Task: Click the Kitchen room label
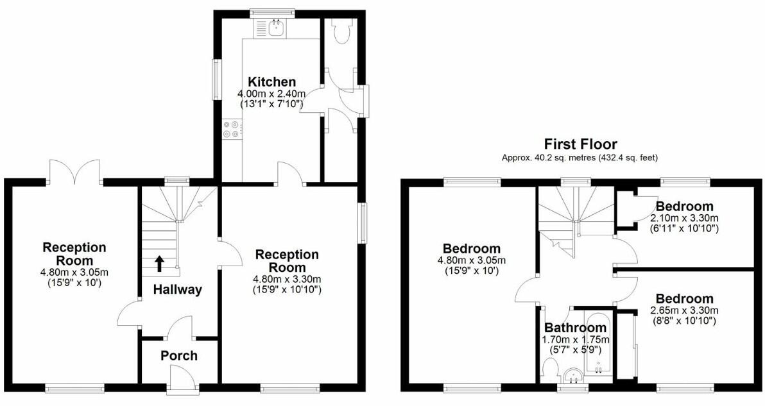pyautogui.click(x=272, y=82)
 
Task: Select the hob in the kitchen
pyautogui.click(x=231, y=130)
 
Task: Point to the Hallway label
pyautogui.click(x=177, y=290)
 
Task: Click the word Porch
pyautogui.click(x=179, y=356)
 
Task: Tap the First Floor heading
pyautogui.click(x=580, y=144)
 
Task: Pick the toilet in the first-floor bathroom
pyautogui.click(x=549, y=371)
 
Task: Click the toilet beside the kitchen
pyautogui.click(x=340, y=31)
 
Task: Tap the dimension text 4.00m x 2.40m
pyautogui.click(x=272, y=94)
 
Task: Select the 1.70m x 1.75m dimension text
pyautogui.click(x=576, y=340)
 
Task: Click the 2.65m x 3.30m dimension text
pyautogui.click(x=685, y=311)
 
